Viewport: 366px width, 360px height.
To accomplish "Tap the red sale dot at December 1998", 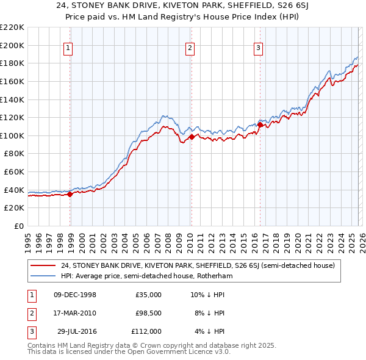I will [x=70, y=195].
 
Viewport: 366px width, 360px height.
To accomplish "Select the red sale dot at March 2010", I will [x=191, y=137].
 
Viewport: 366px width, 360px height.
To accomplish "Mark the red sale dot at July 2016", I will [x=260, y=124].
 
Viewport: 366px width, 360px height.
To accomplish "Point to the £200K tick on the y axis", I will [x=13, y=45].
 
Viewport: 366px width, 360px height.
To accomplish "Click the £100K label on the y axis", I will [x=13, y=135].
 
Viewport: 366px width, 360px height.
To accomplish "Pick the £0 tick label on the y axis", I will [x=19, y=226].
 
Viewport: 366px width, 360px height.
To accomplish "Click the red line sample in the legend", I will [x=43, y=265].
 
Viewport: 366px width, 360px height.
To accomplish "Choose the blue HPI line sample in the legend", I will [x=43, y=276].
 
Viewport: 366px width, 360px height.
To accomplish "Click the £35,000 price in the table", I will [x=148, y=295].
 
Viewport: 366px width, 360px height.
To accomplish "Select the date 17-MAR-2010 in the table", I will [x=74, y=313].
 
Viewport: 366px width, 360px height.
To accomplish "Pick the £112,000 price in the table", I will [x=146, y=331].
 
